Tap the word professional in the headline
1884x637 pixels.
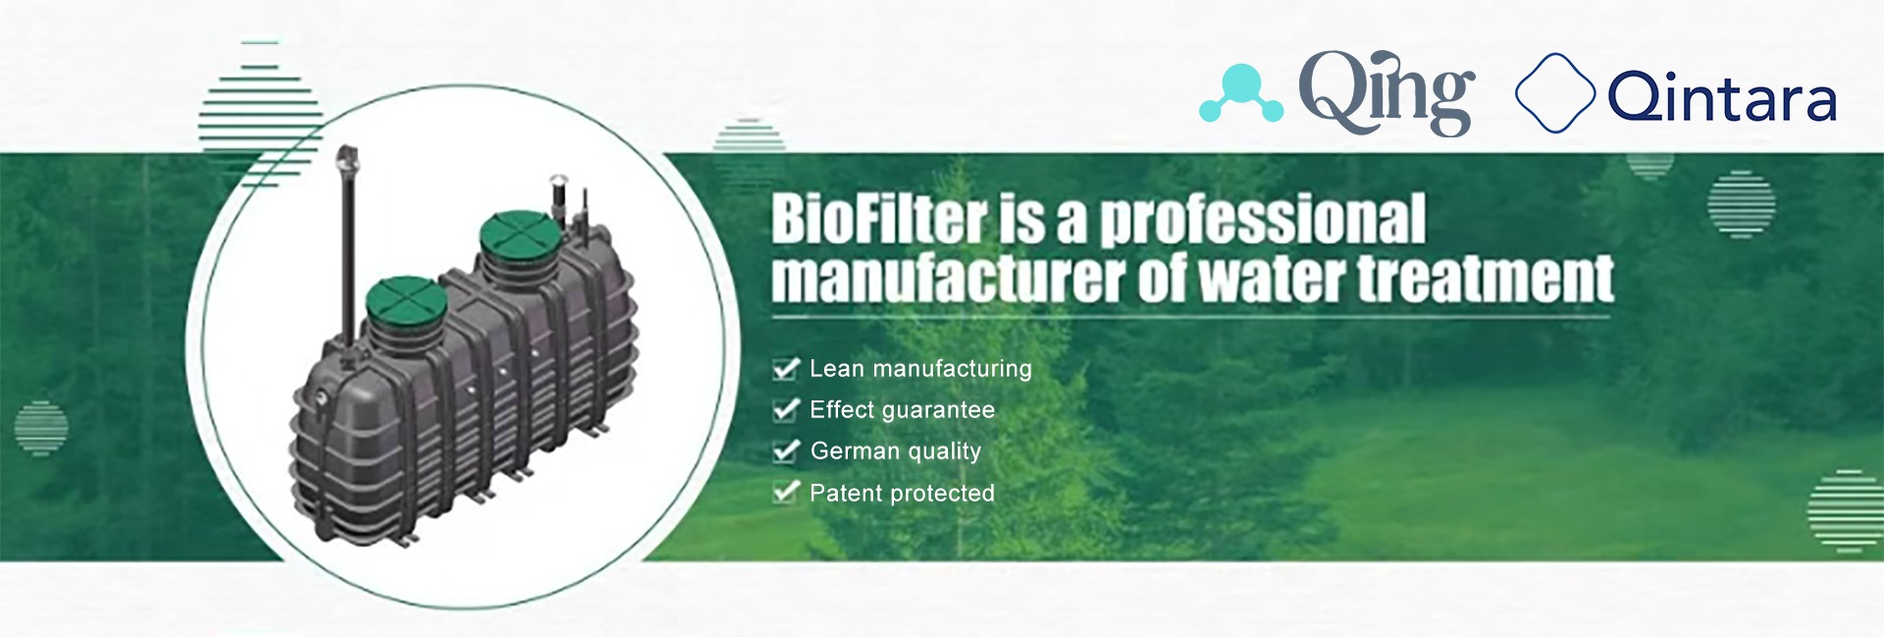click(1263, 220)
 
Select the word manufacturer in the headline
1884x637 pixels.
click(948, 278)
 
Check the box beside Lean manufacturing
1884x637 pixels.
click(786, 369)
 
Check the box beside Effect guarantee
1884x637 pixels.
click(786, 410)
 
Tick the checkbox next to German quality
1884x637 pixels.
click(786, 451)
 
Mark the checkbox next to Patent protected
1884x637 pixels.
click(786, 493)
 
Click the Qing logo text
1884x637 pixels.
click(1387, 93)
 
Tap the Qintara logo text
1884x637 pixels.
click(1722, 97)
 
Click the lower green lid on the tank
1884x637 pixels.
click(406, 304)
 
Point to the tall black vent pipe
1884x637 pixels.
click(348, 245)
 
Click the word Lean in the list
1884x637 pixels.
click(837, 368)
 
